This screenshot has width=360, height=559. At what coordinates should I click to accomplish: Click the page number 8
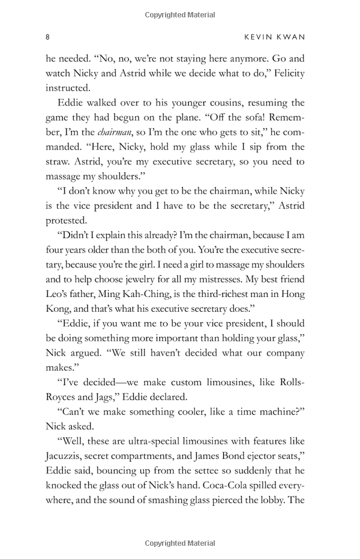click(x=47, y=37)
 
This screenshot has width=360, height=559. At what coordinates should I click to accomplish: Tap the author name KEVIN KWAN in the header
click(x=275, y=37)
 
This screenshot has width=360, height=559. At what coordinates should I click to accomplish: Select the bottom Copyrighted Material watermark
click(x=179, y=543)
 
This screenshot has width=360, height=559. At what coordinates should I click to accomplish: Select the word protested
click(x=67, y=220)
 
